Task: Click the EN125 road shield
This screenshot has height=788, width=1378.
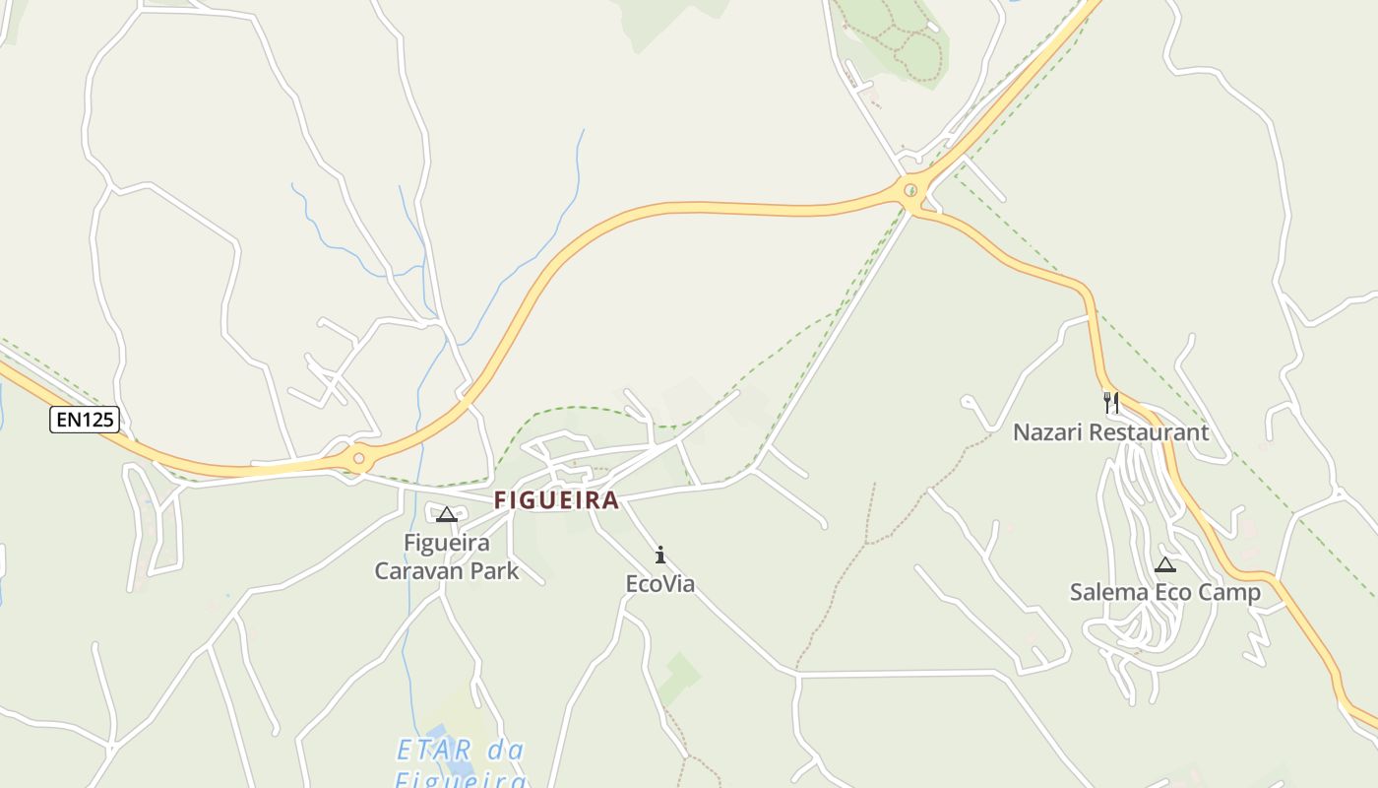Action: (x=85, y=420)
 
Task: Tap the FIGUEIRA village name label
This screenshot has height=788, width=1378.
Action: (x=556, y=500)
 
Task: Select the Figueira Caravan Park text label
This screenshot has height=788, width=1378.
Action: (x=447, y=557)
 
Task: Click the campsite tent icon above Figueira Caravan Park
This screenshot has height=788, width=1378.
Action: (x=447, y=514)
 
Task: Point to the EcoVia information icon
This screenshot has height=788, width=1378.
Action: (x=660, y=556)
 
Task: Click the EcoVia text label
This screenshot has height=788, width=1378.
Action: (x=660, y=584)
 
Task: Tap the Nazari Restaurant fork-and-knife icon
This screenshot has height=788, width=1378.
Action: (x=1111, y=403)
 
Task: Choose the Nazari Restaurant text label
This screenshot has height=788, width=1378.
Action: (x=1111, y=432)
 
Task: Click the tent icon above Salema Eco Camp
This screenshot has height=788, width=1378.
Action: (x=1165, y=564)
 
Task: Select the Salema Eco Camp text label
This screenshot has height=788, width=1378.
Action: (x=1165, y=593)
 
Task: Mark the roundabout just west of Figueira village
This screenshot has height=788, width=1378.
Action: (x=359, y=458)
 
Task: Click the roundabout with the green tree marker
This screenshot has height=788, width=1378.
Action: (x=911, y=190)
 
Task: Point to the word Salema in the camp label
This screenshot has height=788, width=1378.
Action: (x=1109, y=593)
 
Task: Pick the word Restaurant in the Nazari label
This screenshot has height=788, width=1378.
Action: (x=1149, y=432)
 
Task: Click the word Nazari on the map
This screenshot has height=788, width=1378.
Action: (x=1047, y=432)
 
